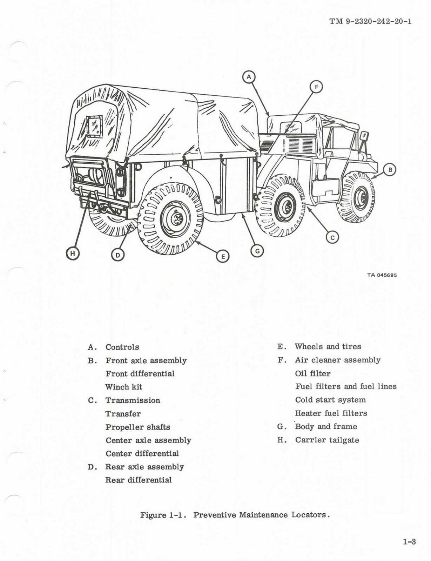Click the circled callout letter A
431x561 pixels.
pos(249,76)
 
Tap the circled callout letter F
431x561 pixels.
pos(316,87)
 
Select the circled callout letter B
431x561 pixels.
pos(390,170)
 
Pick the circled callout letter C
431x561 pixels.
pos(332,238)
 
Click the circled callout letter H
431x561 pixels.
pos(73,253)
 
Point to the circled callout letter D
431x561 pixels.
pos(118,255)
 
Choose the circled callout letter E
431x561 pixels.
pos(223,256)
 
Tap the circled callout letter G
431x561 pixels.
pos(257,251)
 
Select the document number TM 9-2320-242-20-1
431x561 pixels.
pos(370,21)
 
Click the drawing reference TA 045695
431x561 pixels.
pos(382,275)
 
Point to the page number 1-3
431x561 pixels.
pos(409,542)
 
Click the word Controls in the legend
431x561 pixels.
pos(122,347)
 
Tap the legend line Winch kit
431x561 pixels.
pos(124,387)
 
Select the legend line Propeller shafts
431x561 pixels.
pos(138,427)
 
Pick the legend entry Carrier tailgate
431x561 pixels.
pos(327,440)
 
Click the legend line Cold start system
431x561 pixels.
pos(330,400)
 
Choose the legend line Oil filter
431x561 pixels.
pos(313,373)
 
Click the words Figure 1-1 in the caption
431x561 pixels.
pos(163,515)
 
